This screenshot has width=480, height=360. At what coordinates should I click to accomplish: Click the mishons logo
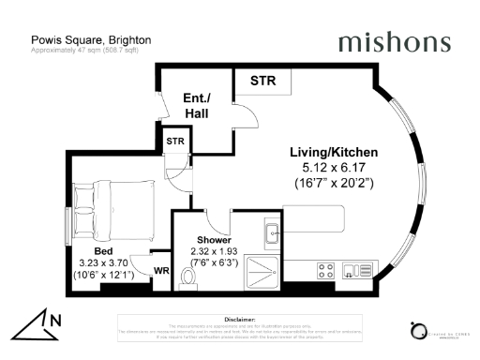pyautogui.click(x=394, y=42)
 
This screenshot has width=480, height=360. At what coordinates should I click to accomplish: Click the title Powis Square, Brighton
pyautogui.click(x=91, y=40)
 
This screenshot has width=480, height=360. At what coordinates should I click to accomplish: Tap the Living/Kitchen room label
pyautogui.click(x=333, y=150)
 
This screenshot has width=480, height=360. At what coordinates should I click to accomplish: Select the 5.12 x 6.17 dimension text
pyautogui.click(x=333, y=167)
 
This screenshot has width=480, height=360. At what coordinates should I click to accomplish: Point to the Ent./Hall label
pyautogui.click(x=196, y=105)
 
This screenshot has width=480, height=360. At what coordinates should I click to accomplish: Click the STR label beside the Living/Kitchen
pyautogui.click(x=263, y=82)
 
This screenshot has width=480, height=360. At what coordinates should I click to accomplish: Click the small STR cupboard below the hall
pyautogui.click(x=175, y=141)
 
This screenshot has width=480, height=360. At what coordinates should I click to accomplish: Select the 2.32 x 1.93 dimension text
pyautogui.click(x=214, y=251)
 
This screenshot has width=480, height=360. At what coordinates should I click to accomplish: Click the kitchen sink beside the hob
pyautogui.click(x=353, y=272)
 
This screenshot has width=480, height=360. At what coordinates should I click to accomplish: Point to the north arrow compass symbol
pyautogui.click(x=37, y=323)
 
